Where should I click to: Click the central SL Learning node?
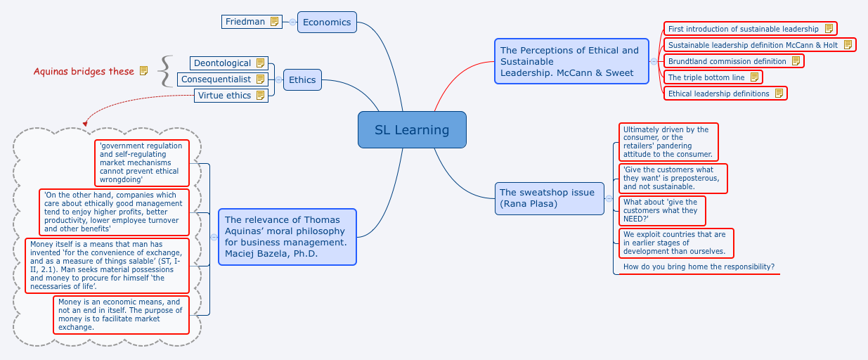click(412, 129)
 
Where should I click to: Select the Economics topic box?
click(327, 22)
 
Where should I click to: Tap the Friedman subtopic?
click(245, 22)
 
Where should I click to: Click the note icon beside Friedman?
click(274, 22)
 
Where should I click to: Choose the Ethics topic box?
click(302, 79)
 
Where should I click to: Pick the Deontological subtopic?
click(222, 63)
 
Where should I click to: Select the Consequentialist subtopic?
click(216, 79)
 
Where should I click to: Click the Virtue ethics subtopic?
click(224, 96)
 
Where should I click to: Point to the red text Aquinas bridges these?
click(84, 71)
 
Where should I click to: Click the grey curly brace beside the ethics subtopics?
click(165, 72)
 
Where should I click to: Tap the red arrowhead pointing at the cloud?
click(86, 124)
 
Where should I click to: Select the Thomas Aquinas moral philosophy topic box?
click(287, 236)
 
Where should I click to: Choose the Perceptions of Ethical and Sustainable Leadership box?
click(571, 61)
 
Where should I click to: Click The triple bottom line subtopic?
click(706, 77)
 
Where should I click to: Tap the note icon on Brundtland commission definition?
click(796, 61)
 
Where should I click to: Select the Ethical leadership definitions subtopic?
click(718, 94)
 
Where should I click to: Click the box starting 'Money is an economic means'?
click(120, 314)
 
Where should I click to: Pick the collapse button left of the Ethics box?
click(279, 79)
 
